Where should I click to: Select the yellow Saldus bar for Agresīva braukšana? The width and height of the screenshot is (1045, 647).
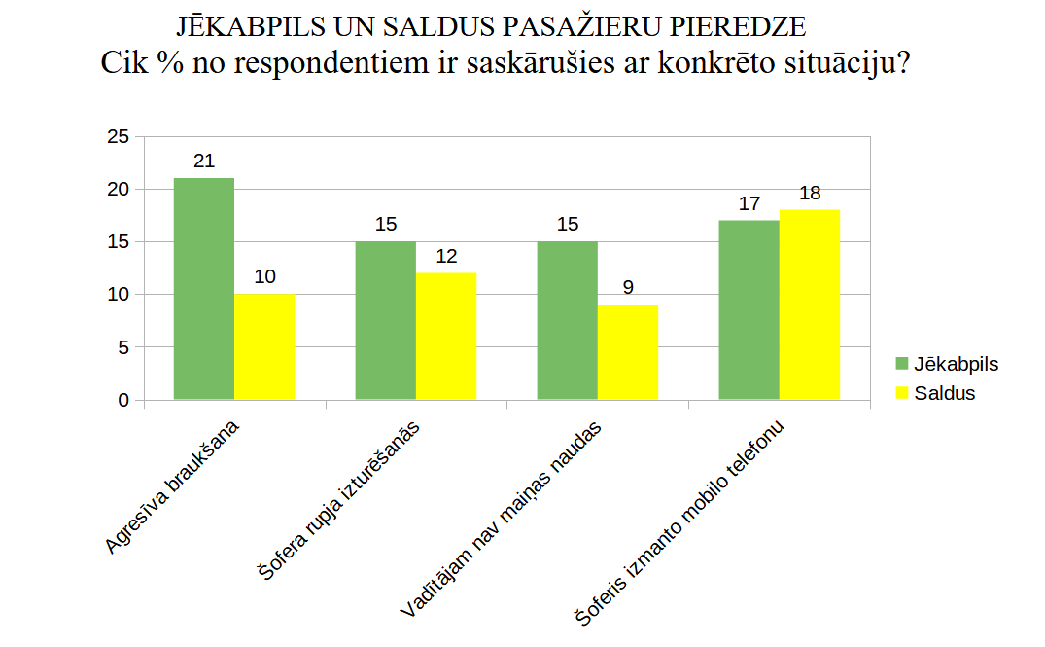pyautogui.click(x=264, y=346)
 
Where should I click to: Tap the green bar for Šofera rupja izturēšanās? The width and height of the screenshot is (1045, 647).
pyautogui.click(x=386, y=320)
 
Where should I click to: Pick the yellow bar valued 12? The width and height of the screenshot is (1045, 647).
pyautogui.click(x=446, y=336)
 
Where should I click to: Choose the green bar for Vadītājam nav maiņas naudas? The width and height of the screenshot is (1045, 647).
pyautogui.click(x=568, y=320)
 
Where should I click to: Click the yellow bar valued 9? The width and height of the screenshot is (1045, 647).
pyautogui.click(x=628, y=351)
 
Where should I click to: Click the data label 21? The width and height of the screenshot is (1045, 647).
pyautogui.click(x=204, y=162)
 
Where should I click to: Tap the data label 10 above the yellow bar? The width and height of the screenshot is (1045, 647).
pyautogui.click(x=264, y=277)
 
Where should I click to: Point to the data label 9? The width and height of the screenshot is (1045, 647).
pyautogui.click(x=628, y=288)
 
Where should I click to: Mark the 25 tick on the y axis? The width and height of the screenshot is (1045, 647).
pyautogui.click(x=118, y=137)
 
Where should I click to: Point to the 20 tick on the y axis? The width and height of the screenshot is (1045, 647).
pyautogui.click(x=118, y=190)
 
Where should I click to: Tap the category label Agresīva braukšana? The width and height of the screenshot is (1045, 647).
pyautogui.click(x=174, y=487)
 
